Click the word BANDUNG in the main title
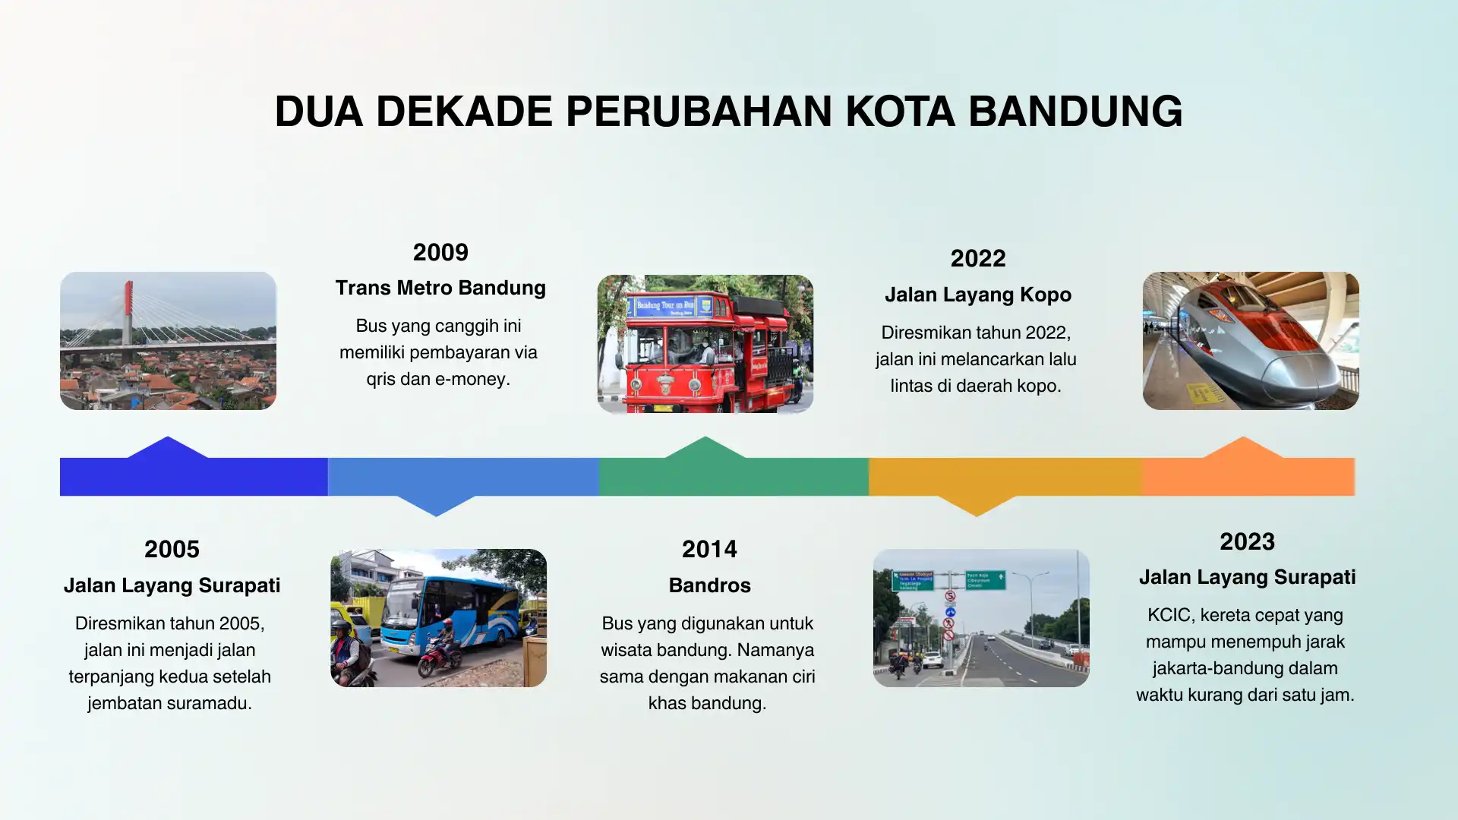tap(1075, 112)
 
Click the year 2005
tap(172, 549)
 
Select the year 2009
tap(440, 252)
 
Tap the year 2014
tap(709, 549)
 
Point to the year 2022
tap(978, 258)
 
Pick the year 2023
tap(1247, 541)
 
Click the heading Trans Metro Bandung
tap(440, 288)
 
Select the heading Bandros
tap(709, 585)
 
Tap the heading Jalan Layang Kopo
tap(978, 295)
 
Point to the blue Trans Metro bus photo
tap(438, 618)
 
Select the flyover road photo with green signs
tap(981, 618)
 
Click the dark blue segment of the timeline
tap(194, 476)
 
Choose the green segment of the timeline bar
tap(734, 476)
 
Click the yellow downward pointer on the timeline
tap(977, 506)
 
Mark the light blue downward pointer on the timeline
tap(437, 506)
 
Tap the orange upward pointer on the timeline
tap(1243, 447)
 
